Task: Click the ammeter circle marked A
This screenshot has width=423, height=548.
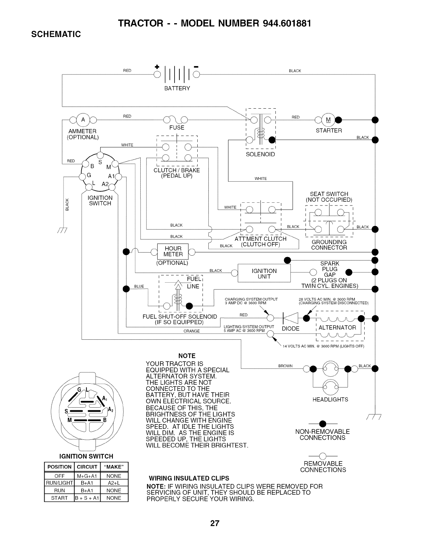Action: [x=83, y=120]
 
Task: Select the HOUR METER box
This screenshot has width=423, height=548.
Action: [x=173, y=251]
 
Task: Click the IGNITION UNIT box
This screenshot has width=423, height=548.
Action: [x=264, y=274]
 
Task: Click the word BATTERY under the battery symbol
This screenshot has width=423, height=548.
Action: [x=177, y=88]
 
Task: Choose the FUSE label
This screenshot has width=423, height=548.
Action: [x=177, y=128]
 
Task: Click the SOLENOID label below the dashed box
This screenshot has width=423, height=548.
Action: [x=260, y=154]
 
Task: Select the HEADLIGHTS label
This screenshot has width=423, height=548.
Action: [x=330, y=400]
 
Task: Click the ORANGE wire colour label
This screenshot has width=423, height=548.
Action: [x=191, y=331]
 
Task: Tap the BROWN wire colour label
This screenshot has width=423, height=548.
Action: [x=285, y=366]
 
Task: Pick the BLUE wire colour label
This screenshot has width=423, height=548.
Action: [x=139, y=286]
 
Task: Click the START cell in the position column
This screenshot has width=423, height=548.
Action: [x=59, y=498]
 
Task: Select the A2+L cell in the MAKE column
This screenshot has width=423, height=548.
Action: [x=114, y=483]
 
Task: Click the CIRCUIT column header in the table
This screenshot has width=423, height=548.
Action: [x=86, y=467]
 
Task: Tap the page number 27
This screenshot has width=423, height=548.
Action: [x=215, y=523]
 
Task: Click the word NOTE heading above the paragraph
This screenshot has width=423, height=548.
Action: [x=187, y=356]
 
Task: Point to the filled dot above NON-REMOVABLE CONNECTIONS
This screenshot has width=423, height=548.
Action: [x=323, y=423]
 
